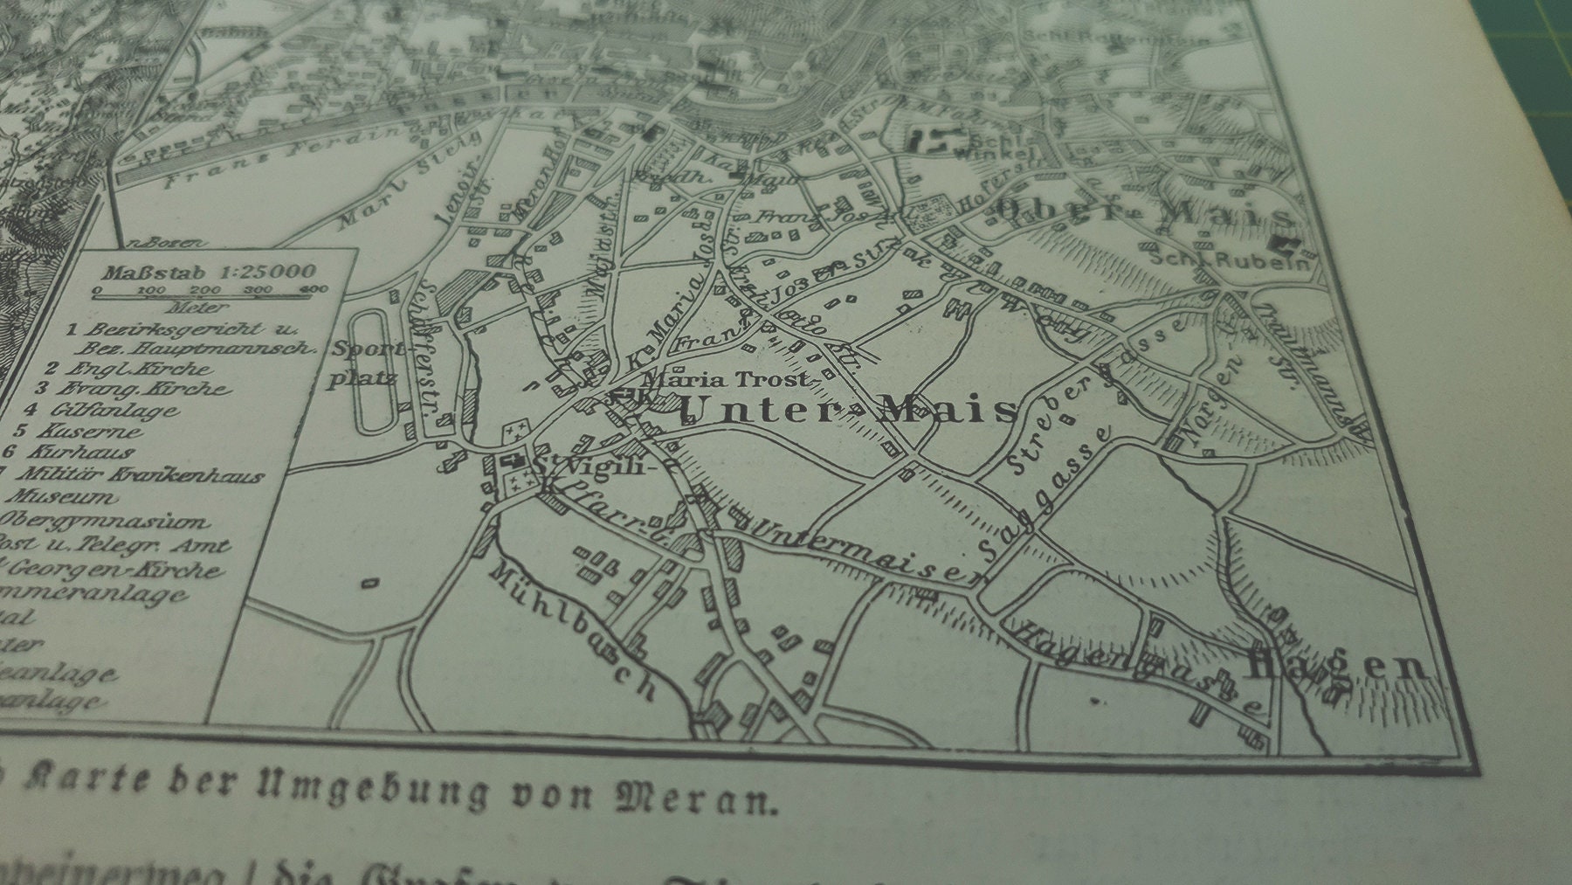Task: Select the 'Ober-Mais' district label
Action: pyautogui.click(x=1144, y=212)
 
